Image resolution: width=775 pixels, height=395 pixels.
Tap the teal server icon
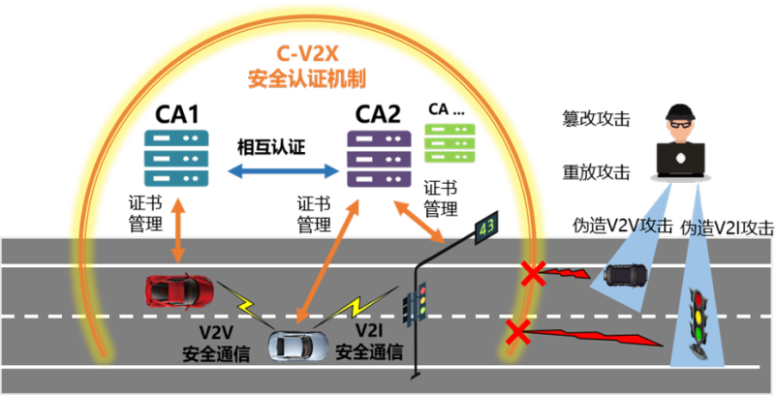tap(176, 158)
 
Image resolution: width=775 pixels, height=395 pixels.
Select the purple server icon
tap(379, 156)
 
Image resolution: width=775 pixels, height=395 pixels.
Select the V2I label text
tap(369, 332)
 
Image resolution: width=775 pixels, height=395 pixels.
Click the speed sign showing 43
tap(486, 228)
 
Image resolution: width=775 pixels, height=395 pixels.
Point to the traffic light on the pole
tap(417, 304)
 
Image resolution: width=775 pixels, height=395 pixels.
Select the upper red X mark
tap(531, 273)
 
